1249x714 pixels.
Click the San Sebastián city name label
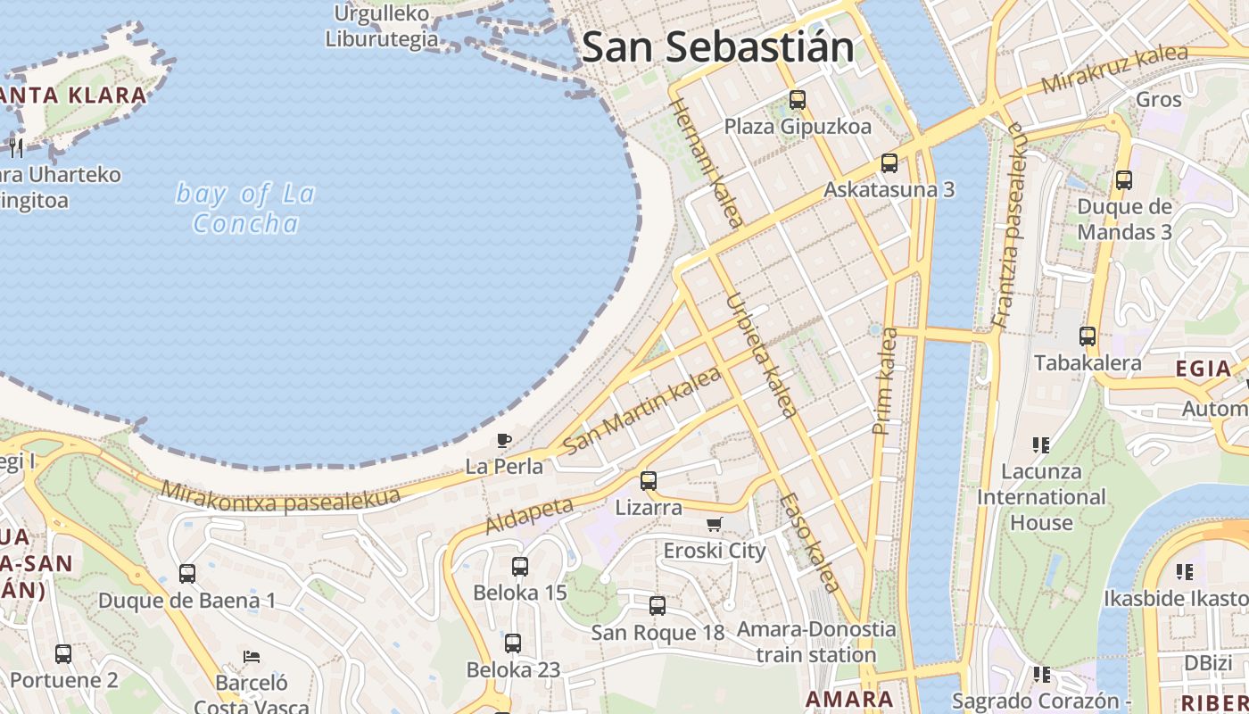click(718, 47)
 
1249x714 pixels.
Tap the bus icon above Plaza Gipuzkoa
click(798, 100)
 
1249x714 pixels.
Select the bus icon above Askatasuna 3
click(889, 163)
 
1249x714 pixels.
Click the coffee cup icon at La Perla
click(504, 440)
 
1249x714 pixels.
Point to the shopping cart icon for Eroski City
click(714, 524)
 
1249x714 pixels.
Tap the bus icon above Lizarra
click(649, 480)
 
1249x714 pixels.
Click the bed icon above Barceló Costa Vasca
click(252, 657)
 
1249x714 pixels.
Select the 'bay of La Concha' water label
click(245, 208)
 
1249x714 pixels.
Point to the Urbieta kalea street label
click(761, 354)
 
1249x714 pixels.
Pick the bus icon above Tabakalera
click(1088, 336)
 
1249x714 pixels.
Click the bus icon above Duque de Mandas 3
click(1124, 180)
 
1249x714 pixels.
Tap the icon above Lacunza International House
click(1040, 444)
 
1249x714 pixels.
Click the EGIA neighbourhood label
click(1203, 369)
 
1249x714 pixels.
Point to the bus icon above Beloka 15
click(520, 566)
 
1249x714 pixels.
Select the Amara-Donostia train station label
click(815, 642)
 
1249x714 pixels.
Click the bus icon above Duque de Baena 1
click(187, 574)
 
